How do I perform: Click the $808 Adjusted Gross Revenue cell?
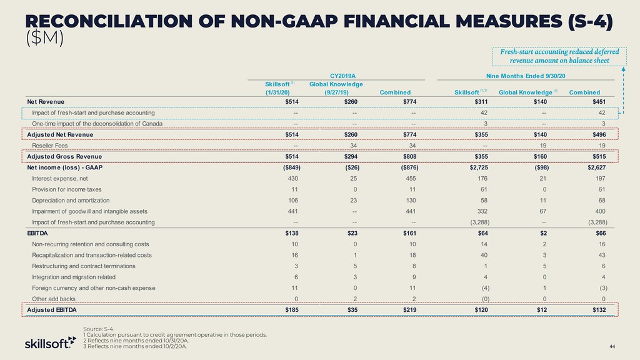(x=410, y=156)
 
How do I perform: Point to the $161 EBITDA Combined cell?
(x=410, y=233)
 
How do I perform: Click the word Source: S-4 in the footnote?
(x=98, y=329)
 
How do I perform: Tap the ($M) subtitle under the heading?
(x=44, y=38)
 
